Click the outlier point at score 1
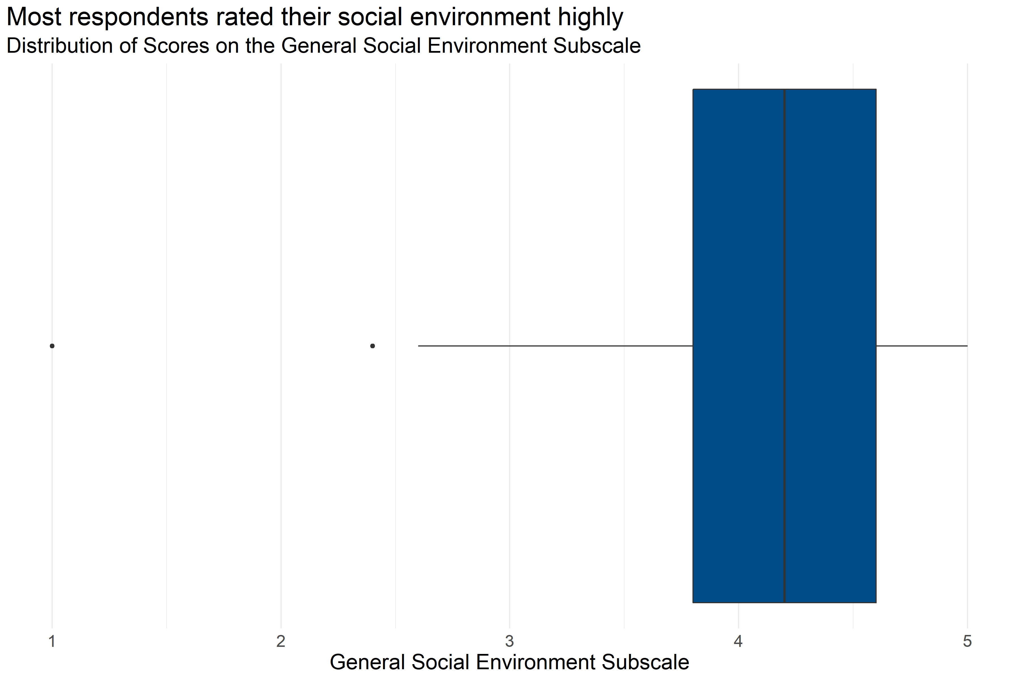(52, 346)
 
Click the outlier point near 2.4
(373, 346)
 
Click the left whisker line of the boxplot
(555, 346)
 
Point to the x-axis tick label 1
(52, 641)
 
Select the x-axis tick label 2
(280, 641)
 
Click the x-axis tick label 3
(509, 641)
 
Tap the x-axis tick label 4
(738, 641)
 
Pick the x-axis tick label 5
(967, 641)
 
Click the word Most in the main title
(34, 17)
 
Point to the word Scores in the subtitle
(176, 46)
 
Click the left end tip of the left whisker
(419, 346)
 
